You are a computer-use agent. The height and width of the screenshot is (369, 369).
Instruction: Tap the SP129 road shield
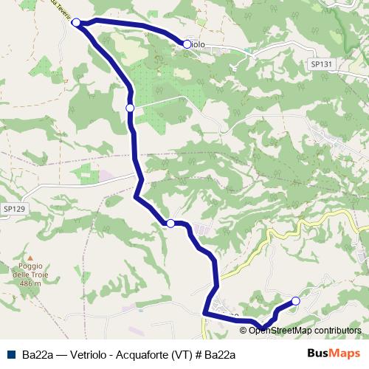[x=13, y=210]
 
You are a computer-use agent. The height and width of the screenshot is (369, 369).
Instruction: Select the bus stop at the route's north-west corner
[x=76, y=23]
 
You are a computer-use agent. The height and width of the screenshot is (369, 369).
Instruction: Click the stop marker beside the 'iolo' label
[x=187, y=44]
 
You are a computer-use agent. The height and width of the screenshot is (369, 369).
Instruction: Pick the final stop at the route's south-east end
[x=296, y=300]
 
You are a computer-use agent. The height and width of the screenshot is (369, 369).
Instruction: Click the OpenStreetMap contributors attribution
[x=305, y=330]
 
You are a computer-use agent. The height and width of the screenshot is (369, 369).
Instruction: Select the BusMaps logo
[x=334, y=354]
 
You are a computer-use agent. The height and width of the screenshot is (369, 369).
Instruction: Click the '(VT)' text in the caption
[x=185, y=354]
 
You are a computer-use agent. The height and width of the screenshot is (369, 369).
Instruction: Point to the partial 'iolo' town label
[x=198, y=45]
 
